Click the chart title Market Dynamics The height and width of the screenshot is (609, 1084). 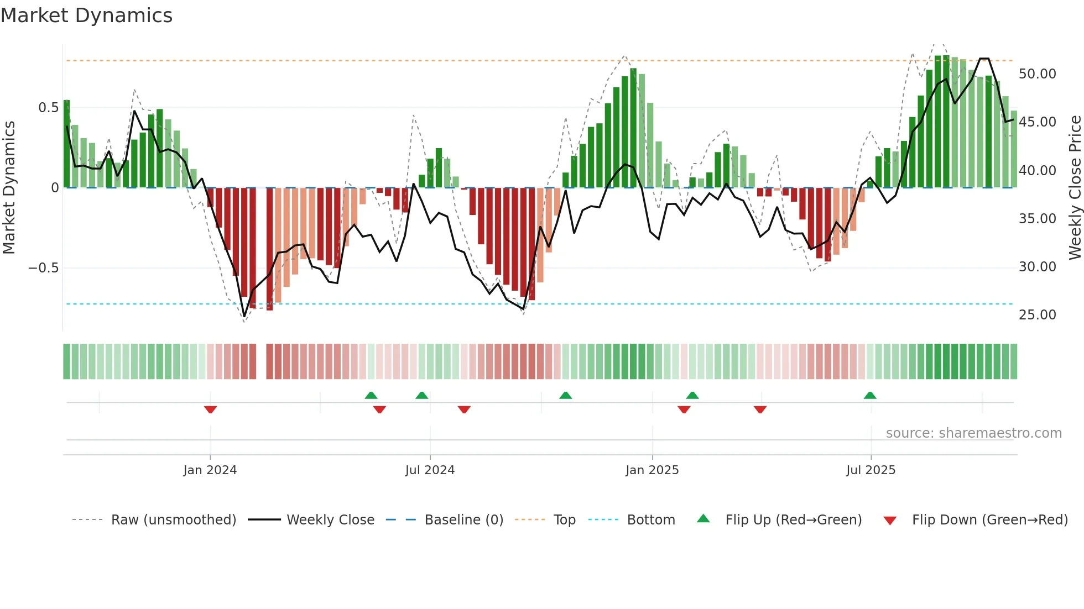tap(86, 15)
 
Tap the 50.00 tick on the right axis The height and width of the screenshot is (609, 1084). tap(1037, 74)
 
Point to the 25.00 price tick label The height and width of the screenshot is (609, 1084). tap(1037, 315)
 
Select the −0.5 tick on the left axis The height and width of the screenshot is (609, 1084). tap(43, 268)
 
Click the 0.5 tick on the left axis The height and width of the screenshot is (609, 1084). tap(48, 108)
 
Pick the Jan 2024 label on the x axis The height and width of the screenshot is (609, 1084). tap(210, 470)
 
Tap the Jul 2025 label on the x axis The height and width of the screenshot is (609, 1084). tap(870, 470)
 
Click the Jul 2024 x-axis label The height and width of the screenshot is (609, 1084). tap(430, 470)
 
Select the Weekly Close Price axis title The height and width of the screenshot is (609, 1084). tap(1075, 188)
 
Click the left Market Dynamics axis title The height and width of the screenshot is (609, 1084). tap(9, 188)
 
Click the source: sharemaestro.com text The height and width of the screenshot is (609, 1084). tap(973, 433)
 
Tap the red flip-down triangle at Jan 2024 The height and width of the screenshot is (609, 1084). tap(210, 410)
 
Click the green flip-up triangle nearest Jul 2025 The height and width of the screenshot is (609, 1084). tap(870, 395)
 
